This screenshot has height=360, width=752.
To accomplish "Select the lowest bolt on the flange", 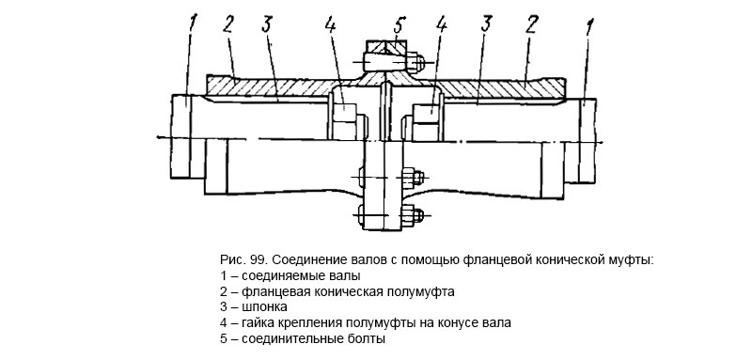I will [x=386, y=216].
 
